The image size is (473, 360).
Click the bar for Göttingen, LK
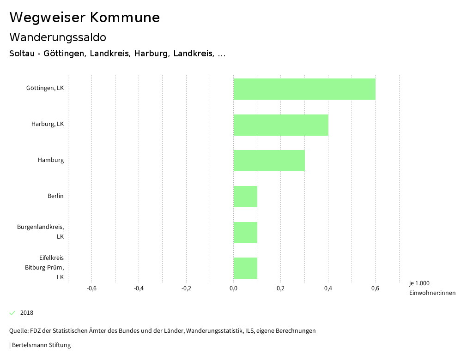(304, 89)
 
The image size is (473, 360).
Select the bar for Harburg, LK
(281, 125)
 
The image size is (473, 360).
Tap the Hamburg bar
(269, 161)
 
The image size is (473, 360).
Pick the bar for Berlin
(245, 197)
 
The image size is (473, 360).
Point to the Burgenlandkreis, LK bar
(245, 233)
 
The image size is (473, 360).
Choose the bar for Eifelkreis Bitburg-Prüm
(245, 268)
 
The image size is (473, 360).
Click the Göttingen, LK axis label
(45, 88)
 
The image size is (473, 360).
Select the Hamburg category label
(51, 160)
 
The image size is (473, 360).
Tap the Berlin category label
(55, 196)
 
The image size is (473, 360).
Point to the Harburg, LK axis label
(48, 124)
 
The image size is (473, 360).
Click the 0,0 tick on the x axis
(233, 289)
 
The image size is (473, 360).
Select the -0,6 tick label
(91, 289)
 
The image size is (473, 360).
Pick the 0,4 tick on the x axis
(328, 289)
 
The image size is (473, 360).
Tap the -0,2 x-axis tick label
(186, 289)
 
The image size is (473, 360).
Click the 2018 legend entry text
(27, 313)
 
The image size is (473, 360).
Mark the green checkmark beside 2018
(12, 313)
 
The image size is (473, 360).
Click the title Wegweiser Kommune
(85, 18)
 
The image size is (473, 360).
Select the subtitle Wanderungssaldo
(58, 37)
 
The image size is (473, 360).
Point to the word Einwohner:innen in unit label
(432, 293)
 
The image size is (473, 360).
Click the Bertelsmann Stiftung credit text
(41, 345)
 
